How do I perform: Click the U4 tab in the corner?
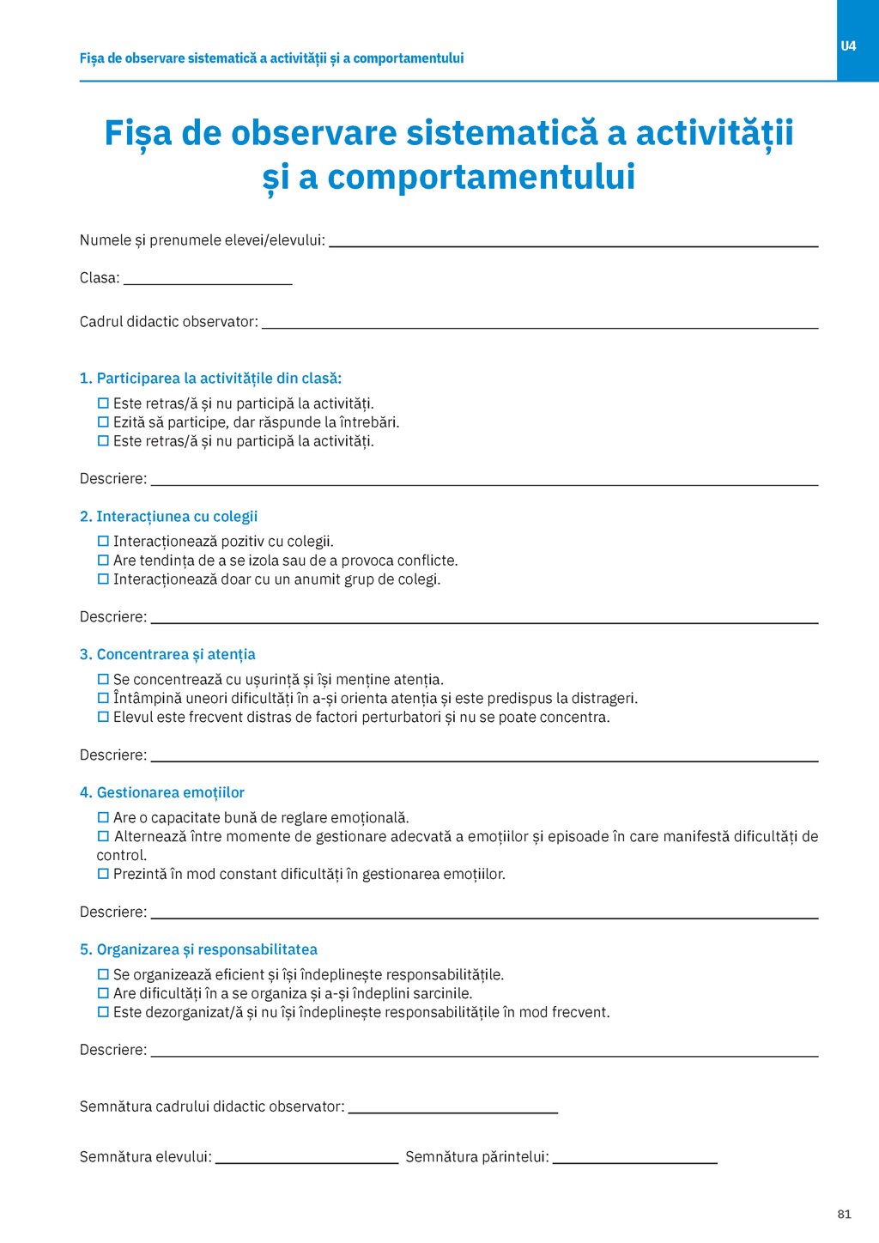click(x=848, y=45)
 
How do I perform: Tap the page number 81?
click(x=844, y=1214)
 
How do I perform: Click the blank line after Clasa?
click(x=208, y=280)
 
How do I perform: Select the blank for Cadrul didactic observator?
click(x=539, y=324)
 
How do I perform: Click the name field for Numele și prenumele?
click(x=573, y=242)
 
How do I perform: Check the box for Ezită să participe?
click(x=103, y=422)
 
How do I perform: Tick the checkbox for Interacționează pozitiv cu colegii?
click(x=103, y=542)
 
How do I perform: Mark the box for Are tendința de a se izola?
click(x=103, y=561)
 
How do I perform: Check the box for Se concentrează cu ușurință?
click(x=103, y=680)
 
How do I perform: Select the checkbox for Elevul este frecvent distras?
click(x=103, y=718)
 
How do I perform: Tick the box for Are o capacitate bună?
click(x=103, y=818)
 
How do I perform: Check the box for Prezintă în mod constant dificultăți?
click(x=103, y=875)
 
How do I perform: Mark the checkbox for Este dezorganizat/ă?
click(x=103, y=1013)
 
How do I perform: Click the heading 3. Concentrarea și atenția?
click(x=167, y=655)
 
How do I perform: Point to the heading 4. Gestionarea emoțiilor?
click(x=162, y=793)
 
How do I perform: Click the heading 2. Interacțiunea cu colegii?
click(x=168, y=517)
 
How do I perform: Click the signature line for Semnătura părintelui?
click(x=634, y=1159)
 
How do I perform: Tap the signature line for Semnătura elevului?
click(x=306, y=1159)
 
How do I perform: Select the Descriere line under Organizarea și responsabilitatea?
click(x=484, y=1052)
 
